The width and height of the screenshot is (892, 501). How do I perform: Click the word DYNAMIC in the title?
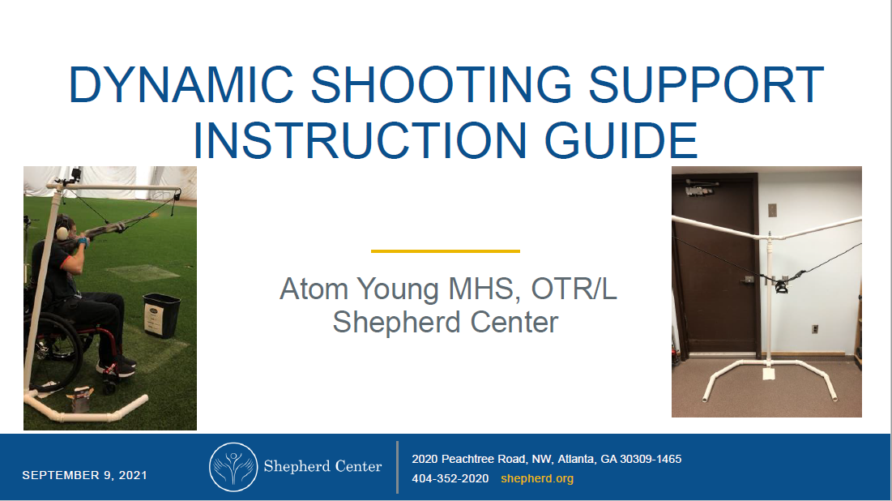tap(181, 84)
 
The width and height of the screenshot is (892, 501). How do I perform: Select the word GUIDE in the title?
tap(621, 140)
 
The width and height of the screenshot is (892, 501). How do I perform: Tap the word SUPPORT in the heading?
tap(706, 84)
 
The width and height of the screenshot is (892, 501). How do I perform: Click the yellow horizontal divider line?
tap(446, 250)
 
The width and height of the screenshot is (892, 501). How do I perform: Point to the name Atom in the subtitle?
tap(314, 289)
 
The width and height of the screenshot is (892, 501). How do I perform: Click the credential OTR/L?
tap(574, 289)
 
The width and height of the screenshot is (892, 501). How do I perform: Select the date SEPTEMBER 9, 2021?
tap(85, 475)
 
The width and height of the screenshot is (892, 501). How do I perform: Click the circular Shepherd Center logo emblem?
tap(233, 467)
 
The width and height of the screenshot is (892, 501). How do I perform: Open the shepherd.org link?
tap(537, 478)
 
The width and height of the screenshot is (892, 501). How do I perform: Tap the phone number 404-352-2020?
tap(450, 478)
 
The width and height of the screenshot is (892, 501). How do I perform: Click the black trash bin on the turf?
tap(161, 315)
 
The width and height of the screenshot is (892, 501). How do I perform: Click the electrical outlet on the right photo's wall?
tap(815, 329)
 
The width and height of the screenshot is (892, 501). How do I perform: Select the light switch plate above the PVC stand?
tap(772, 210)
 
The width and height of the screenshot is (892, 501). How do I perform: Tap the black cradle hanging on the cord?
tap(781, 285)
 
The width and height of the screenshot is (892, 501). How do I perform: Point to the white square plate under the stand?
tap(769, 374)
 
